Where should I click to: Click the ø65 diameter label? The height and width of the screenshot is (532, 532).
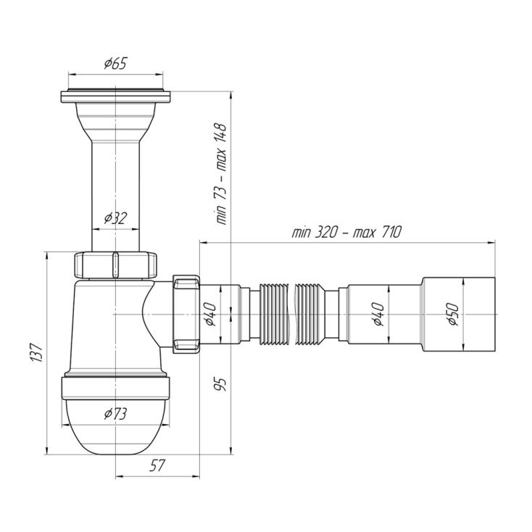[x=115, y=64]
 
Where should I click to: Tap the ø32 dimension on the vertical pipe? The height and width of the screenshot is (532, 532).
[x=115, y=218]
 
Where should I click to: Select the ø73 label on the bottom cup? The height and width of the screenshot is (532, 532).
[x=115, y=414]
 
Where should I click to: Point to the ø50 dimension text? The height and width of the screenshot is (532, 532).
[x=453, y=314]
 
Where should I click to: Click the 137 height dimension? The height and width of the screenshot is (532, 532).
[x=37, y=353]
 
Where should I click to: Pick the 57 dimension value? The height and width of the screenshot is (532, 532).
[x=157, y=465]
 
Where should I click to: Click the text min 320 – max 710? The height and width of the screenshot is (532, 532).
[x=346, y=233]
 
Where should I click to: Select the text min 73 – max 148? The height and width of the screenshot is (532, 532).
[x=221, y=174]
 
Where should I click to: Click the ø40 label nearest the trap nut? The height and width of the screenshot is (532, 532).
[x=211, y=314]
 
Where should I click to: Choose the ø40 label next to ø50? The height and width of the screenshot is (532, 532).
[x=378, y=314]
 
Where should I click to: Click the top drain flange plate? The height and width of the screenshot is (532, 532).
[x=115, y=96]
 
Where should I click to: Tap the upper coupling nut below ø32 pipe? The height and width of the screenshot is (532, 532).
[x=115, y=265]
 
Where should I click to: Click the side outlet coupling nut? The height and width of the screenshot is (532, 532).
[x=186, y=314]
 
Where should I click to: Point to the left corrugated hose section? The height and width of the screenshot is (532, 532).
[x=274, y=314]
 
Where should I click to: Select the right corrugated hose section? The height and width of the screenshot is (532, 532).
[x=310, y=314]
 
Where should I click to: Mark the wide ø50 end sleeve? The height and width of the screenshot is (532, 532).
[x=458, y=314]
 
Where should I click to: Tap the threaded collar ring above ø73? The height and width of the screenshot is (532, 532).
[x=115, y=387]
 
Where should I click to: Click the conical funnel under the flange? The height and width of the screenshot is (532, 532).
[x=115, y=122]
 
